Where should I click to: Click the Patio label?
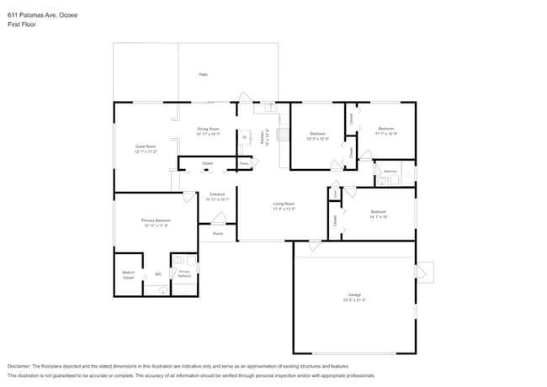coord(203,75)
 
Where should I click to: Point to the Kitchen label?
coord(264,137)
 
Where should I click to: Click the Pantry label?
coord(244,162)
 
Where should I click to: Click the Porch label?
coord(218,234)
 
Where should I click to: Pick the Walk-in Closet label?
coord(128,275)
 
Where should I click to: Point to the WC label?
coord(157,274)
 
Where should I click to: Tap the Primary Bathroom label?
coord(184,273)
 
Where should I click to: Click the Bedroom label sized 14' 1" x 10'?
coord(378,213)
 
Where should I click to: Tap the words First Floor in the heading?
coord(22,24)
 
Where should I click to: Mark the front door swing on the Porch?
coord(216,218)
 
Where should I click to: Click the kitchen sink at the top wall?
coord(269,108)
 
